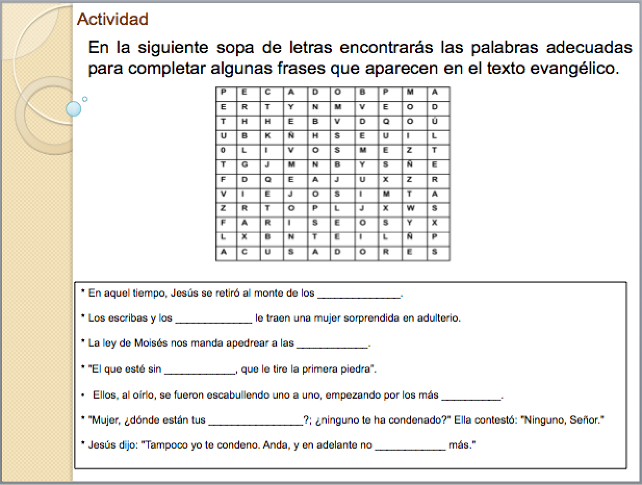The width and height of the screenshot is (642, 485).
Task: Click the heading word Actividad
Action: [112, 19]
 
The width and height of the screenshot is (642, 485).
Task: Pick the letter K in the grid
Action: [267, 136]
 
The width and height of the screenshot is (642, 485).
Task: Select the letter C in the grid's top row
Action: [267, 93]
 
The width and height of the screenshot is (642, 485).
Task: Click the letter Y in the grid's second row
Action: [291, 107]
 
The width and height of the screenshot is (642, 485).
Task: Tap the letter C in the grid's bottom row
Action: [245, 251]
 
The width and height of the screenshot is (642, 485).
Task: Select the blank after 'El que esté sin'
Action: [200, 371]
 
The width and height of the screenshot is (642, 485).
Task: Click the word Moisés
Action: [151, 344]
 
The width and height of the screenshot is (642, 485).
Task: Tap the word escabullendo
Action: [251, 395]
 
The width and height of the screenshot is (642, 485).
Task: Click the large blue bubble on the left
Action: [74, 109]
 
